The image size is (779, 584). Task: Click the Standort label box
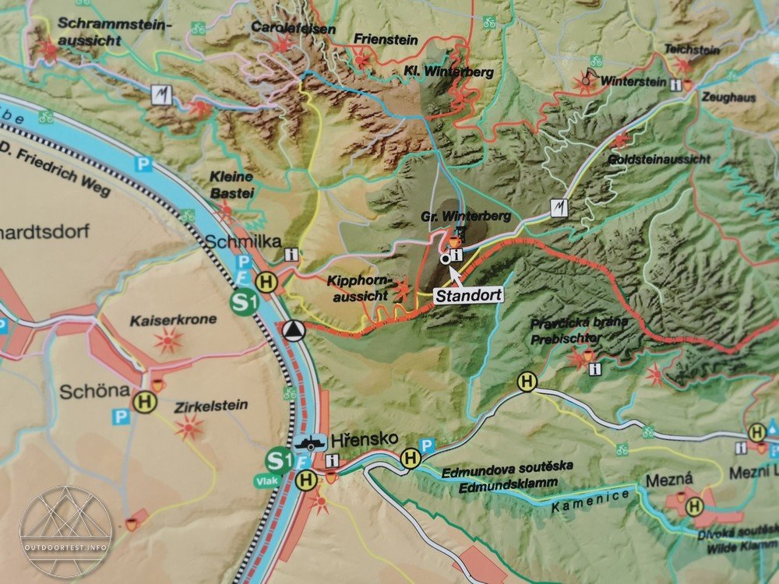pyautogui.click(x=467, y=296)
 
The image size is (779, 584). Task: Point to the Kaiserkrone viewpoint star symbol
pyautogui.click(x=168, y=340)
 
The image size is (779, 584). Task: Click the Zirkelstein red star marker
pyautogui.click(x=188, y=426)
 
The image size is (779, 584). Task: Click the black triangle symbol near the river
pyautogui.click(x=293, y=329)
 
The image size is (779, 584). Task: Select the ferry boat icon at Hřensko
pyautogui.click(x=310, y=441)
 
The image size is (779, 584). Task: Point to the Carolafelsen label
pyautogui.click(x=293, y=29)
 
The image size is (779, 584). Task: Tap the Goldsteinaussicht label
pyautogui.click(x=668, y=159)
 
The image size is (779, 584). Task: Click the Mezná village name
pyautogui.click(x=663, y=481)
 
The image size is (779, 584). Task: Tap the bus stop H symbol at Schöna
pyautogui.click(x=144, y=402)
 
